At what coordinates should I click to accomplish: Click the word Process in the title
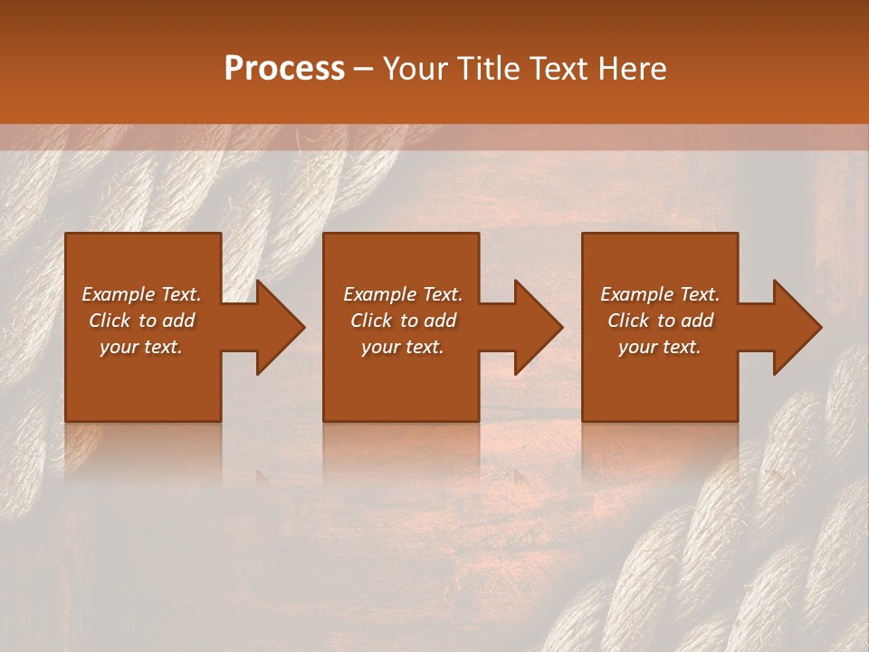click(x=284, y=69)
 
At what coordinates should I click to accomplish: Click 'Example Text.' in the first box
click(x=141, y=294)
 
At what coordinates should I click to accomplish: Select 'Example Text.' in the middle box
click(x=403, y=294)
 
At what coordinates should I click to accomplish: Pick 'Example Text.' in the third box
click(x=660, y=294)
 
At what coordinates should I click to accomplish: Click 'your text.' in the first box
click(x=141, y=347)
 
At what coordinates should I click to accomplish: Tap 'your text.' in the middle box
click(x=403, y=347)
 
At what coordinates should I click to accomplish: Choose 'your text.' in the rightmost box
click(x=660, y=347)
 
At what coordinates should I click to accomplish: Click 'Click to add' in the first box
click(x=141, y=321)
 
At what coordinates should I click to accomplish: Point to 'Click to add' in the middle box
click(x=403, y=321)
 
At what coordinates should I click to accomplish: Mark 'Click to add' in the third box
click(x=660, y=321)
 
